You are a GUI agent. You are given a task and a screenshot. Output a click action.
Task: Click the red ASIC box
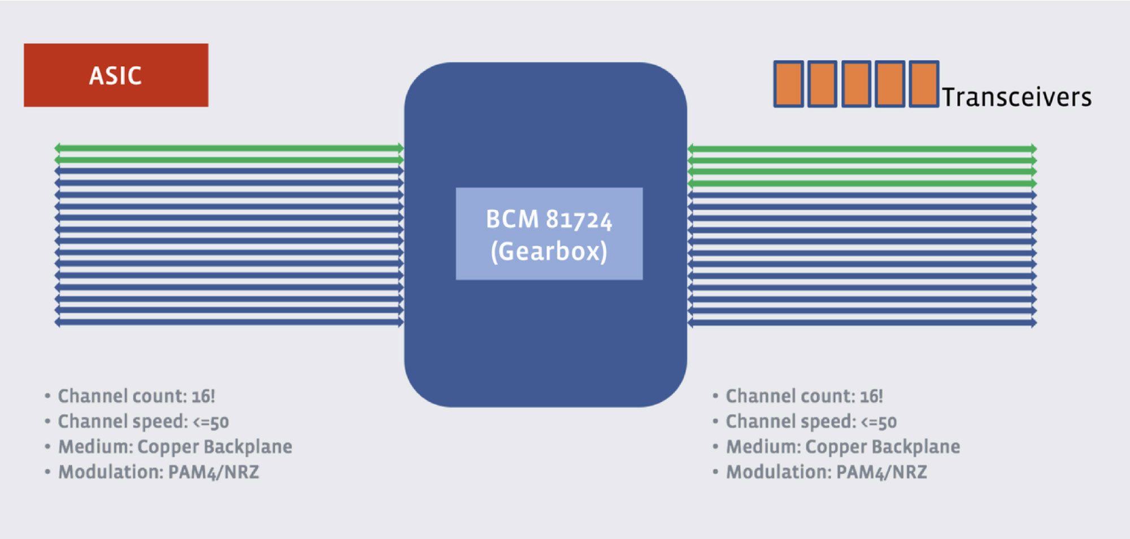(116, 75)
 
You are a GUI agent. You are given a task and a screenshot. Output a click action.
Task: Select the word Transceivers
(1016, 97)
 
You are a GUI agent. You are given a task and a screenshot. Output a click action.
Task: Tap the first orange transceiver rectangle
(788, 84)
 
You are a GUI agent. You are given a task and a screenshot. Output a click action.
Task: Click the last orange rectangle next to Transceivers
(924, 84)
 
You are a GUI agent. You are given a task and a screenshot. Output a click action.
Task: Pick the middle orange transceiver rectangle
(856, 84)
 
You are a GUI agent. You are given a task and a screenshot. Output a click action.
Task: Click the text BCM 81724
(549, 219)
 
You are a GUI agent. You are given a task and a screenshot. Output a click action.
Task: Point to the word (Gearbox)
(549, 251)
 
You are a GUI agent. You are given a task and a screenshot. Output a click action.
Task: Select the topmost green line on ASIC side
(229, 148)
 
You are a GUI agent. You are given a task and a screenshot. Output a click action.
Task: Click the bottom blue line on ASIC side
(229, 322)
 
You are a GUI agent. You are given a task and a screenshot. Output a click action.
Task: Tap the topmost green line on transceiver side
(862, 149)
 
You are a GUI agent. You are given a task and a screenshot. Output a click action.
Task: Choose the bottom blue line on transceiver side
(862, 323)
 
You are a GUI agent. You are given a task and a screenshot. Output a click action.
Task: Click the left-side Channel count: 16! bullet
(136, 396)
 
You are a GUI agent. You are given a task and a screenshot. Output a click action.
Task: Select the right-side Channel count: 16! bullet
(804, 396)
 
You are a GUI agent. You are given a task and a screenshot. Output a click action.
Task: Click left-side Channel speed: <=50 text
(143, 421)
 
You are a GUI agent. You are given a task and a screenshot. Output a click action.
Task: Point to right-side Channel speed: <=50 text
(811, 421)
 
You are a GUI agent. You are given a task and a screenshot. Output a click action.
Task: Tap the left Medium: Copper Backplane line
(175, 447)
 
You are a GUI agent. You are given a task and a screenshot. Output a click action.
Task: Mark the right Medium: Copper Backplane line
(843, 447)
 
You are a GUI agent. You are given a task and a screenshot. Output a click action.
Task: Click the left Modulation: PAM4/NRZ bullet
(159, 472)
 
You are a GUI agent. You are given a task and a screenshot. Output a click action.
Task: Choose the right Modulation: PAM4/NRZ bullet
(827, 472)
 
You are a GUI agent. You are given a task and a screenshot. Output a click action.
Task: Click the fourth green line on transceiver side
(862, 183)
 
